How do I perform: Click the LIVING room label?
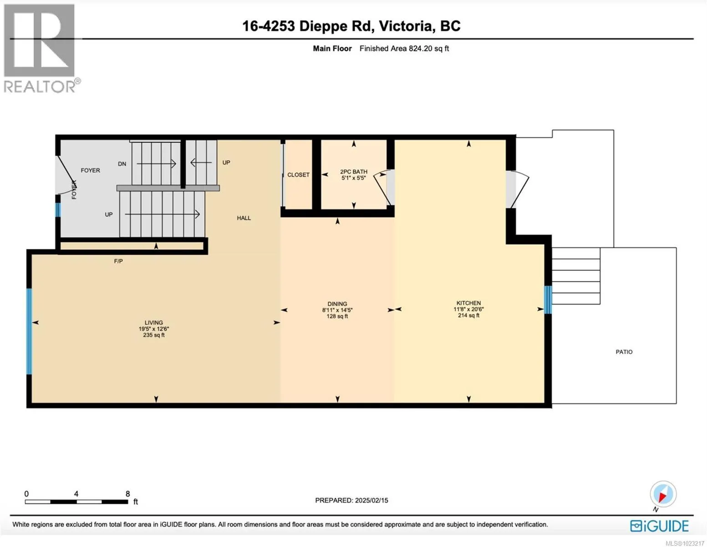[153, 323]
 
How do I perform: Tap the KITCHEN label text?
[468, 303]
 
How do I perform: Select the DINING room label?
[337, 304]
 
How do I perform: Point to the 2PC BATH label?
[354, 172]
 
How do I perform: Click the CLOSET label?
[298, 175]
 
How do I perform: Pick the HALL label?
[244, 218]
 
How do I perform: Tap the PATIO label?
[624, 352]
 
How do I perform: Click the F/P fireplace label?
[118, 261]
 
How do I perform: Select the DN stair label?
[122, 164]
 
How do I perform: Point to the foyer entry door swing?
[67, 176]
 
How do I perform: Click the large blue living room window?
[29, 331]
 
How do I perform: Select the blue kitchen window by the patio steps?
[548, 300]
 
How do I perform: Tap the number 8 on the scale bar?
[128, 494]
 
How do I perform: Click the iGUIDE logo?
[659, 526]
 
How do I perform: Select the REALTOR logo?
[41, 48]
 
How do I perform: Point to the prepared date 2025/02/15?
[371, 501]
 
